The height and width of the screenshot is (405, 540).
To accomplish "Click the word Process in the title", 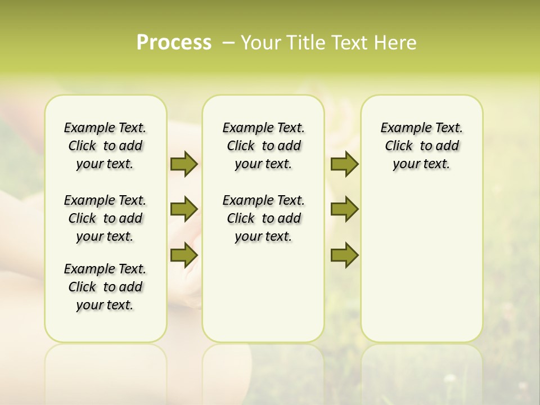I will point(174,43).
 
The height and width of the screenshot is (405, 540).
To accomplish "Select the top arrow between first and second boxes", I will point(184,164).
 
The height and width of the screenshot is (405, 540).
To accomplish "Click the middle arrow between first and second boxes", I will point(184,210).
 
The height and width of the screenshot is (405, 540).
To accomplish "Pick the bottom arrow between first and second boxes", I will point(184,255).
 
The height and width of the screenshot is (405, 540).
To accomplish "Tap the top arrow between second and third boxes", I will point(344,164).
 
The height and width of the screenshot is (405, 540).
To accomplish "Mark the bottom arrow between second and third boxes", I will point(344,255).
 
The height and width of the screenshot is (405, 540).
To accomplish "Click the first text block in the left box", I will point(105,146).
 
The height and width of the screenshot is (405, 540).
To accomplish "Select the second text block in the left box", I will point(105,218).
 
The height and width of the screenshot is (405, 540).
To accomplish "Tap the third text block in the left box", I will point(105,287).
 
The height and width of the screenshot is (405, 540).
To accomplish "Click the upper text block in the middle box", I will point(263,146).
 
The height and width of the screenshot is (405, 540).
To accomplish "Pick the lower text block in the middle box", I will point(263,218).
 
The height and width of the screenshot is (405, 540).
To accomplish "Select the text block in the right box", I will point(421,146).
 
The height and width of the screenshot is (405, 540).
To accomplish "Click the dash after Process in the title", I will point(228,43).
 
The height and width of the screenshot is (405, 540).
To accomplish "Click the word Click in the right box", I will point(399,146).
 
